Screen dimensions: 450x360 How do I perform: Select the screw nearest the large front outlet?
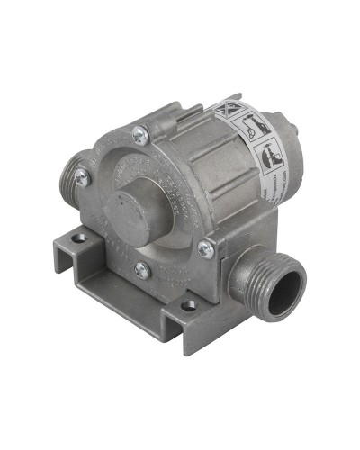click(206, 247)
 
